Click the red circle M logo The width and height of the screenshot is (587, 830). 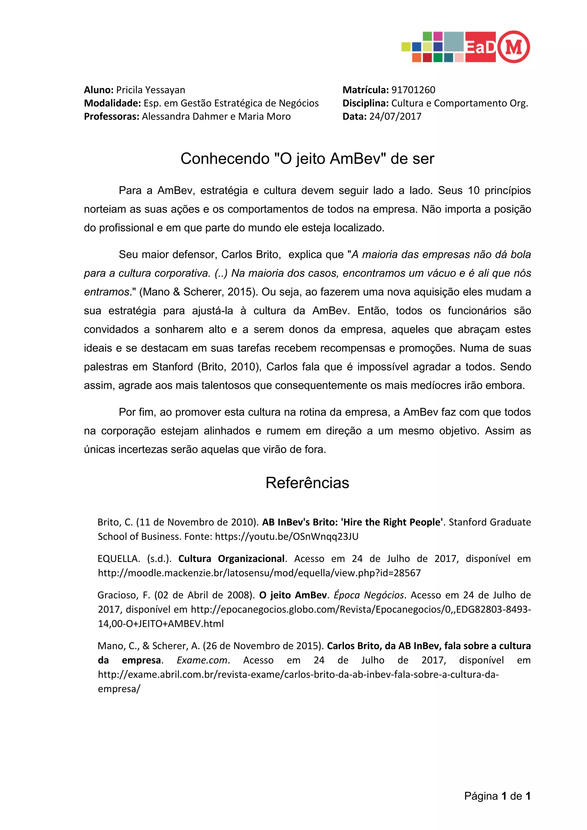(x=514, y=47)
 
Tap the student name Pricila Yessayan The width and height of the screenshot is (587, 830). (x=150, y=90)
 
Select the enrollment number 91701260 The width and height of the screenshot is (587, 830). (x=413, y=90)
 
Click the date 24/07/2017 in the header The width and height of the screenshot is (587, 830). (x=395, y=116)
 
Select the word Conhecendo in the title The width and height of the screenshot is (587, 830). (x=225, y=159)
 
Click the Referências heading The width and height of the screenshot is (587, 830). (x=307, y=483)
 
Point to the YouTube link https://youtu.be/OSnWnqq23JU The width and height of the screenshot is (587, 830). (x=287, y=537)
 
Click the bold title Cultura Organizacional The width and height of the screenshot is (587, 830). (x=231, y=559)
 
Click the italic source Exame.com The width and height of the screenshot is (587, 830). (x=202, y=660)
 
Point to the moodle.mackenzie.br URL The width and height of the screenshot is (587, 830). (x=259, y=573)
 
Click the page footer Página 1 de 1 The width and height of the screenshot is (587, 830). (x=497, y=796)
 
